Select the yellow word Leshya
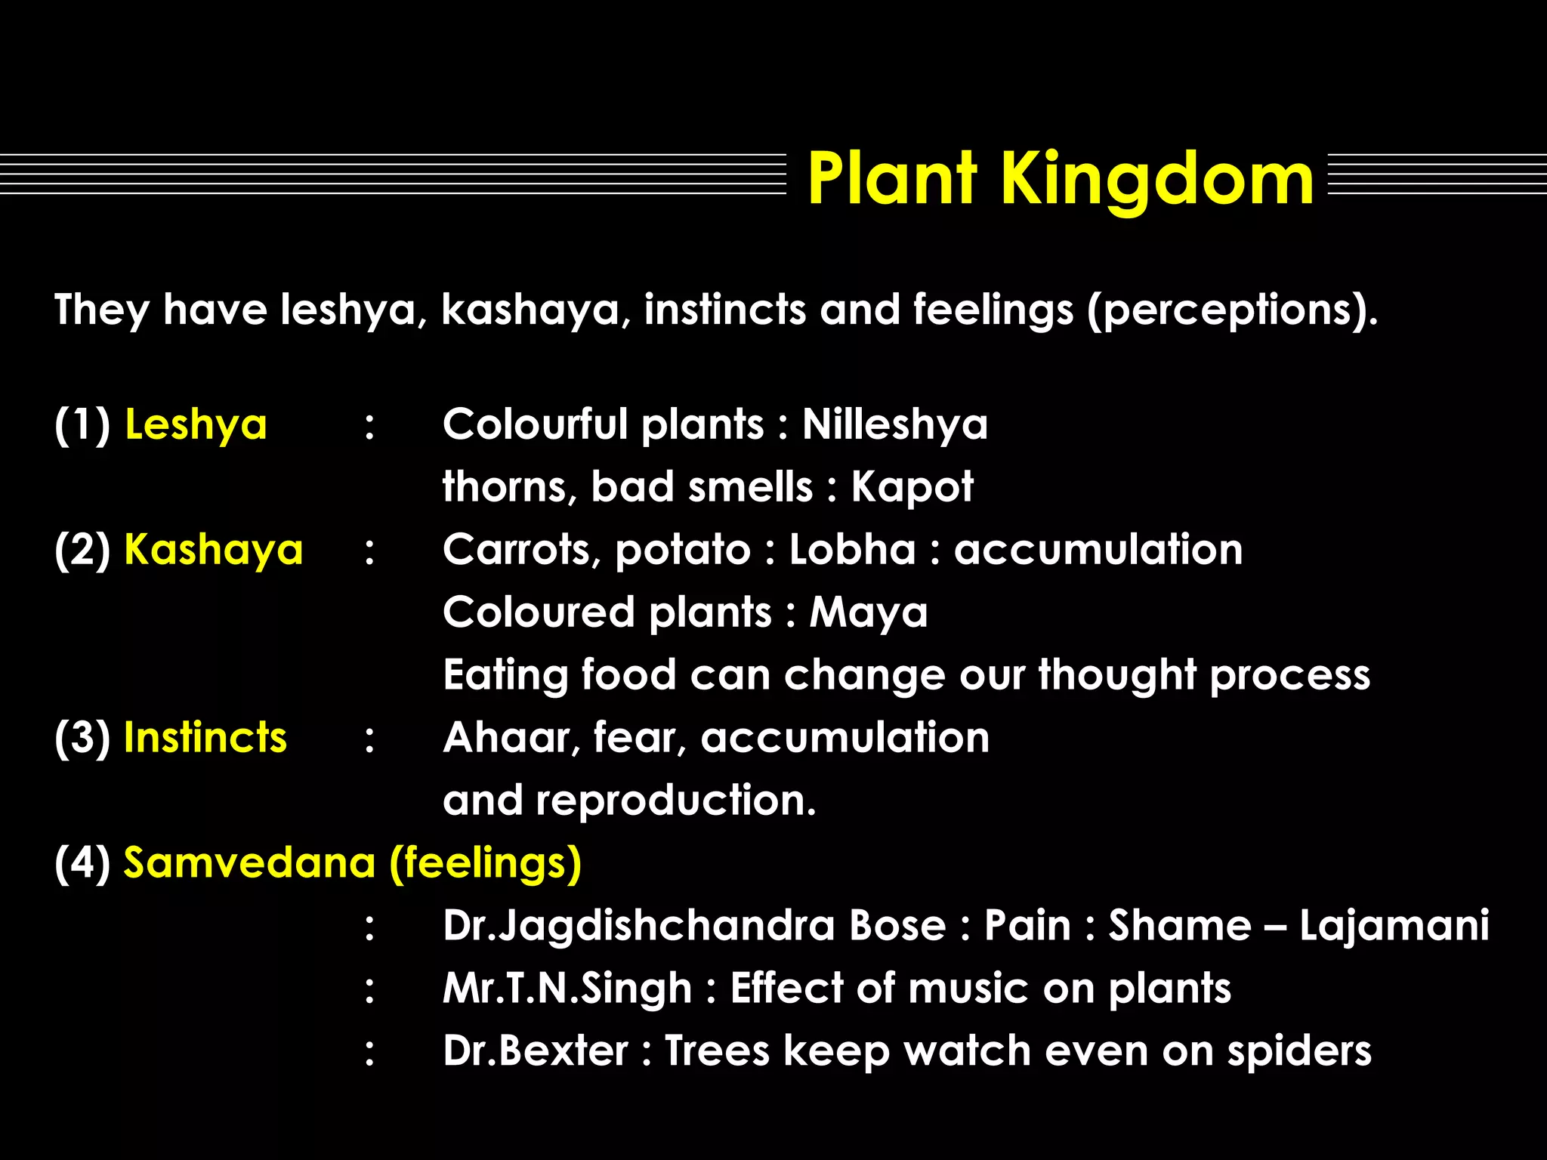point(196,424)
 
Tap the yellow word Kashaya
point(213,550)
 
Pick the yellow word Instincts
point(205,738)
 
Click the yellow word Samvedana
point(249,862)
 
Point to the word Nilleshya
point(894,424)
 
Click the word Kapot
point(912,487)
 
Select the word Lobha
point(852,550)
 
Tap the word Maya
point(869,612)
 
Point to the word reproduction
point(676,801)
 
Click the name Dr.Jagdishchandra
point(638,926)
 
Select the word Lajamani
point(1394,926)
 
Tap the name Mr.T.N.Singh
point(567,989)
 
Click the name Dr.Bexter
point(535,1051)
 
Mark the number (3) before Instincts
point(82,738)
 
